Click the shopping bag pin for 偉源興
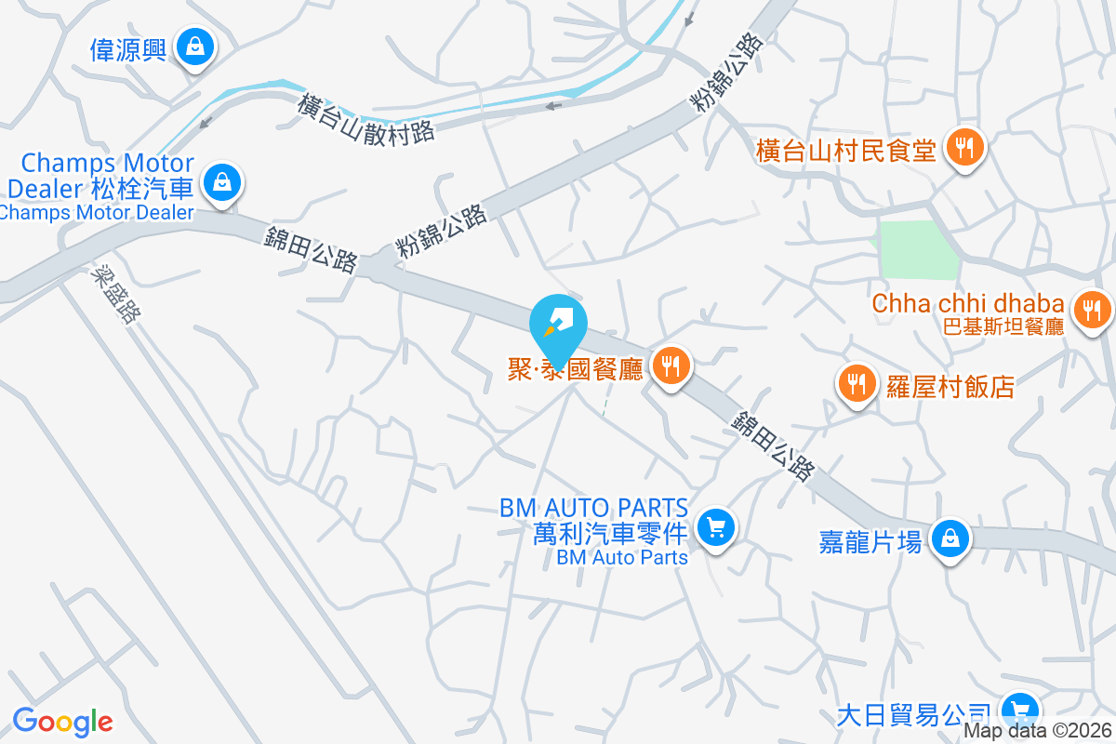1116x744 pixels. [x=195, y=46]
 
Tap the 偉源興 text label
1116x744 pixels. [x=128, y=48]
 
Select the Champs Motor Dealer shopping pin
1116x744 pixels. [x=222, y=182]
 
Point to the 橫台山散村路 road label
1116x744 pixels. [x=366, y=118]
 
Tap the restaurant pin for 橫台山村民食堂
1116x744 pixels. [x=966, y=148]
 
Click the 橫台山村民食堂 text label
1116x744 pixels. [x=845, y=150]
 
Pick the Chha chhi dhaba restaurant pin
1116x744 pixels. [x=1093, y=309]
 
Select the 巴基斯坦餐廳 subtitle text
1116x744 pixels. [x=1003, y=326]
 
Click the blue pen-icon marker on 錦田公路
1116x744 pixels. [x=558, y=326]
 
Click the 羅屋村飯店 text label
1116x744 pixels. [x=950, y=386]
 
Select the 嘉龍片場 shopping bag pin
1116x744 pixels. [x=950, y=538]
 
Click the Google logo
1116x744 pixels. [x=62, y=722]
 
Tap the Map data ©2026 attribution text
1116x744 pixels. [x=1037, y=731]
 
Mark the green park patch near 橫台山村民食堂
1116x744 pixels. [x=919, y=249]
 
